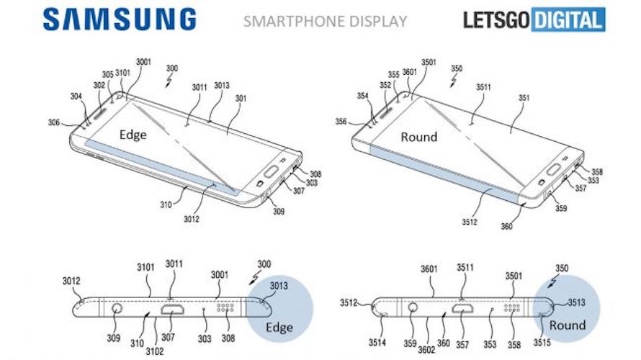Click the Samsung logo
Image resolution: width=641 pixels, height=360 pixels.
click(119, 19)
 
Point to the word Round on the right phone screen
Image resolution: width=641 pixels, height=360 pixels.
click(418, 136)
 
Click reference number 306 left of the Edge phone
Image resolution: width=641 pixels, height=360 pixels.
click(54, 123)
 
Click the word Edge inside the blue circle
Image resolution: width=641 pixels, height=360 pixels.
click(279, 328)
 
